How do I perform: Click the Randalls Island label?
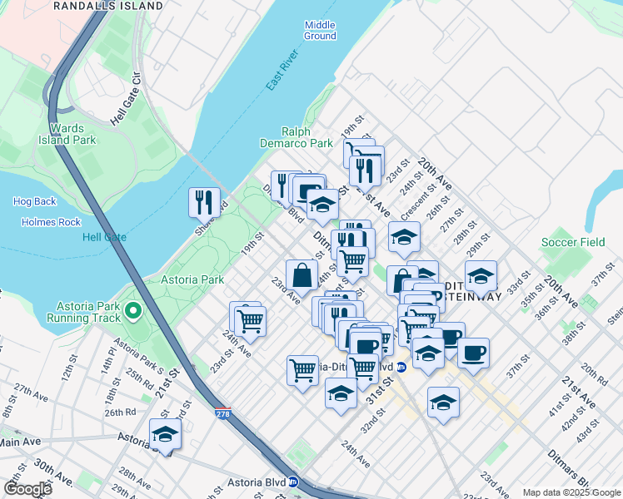point(108,6)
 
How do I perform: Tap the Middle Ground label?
point(320,31)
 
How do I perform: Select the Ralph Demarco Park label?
point(307,138)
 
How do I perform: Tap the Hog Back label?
point(35,201)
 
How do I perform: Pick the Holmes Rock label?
point(52,222)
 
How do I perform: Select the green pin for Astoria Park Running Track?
point(133,313)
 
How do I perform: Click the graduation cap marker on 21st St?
point(165,434)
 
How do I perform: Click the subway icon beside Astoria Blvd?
point(293,482)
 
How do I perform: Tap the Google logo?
point(27,490)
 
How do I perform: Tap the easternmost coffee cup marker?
point(473,353)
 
